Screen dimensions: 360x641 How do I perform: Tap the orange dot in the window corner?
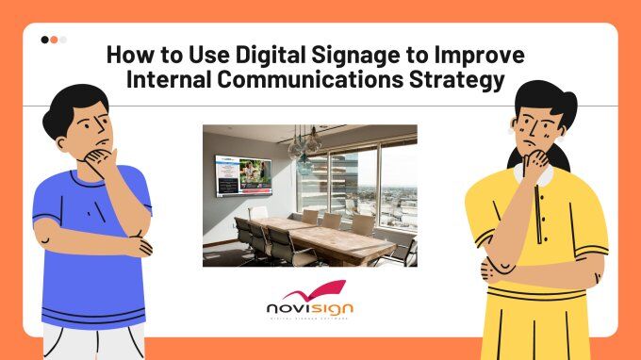tap(54, 41)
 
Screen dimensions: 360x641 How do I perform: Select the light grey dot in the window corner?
tap(62, 41)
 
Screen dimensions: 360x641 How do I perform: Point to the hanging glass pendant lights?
tap(303, 151)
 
